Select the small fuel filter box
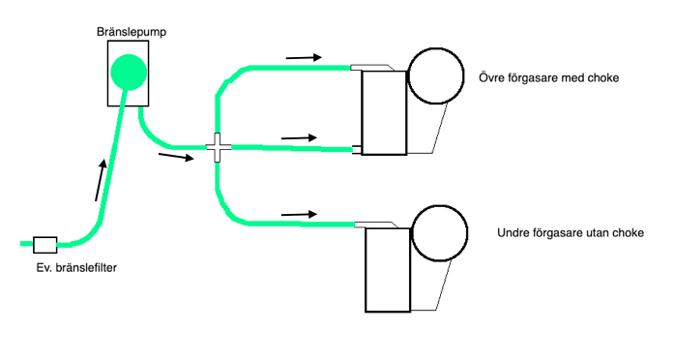[x=45, y=244]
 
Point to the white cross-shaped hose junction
[x=219, y=148]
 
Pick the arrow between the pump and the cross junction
[x=174, y=156]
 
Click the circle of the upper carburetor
[x=436, y=76]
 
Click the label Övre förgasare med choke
[x=548, y=76]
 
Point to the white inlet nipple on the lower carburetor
[x=373, y=225]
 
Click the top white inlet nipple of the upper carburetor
[x=369, y=68]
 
